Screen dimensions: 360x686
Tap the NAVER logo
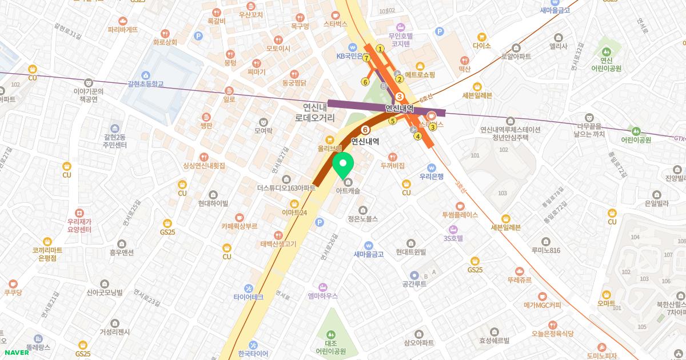coord(17,352)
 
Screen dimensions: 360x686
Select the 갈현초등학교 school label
coord(146,83)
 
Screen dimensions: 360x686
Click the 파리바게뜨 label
coord(123,29)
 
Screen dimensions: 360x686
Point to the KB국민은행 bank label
coord(354,56)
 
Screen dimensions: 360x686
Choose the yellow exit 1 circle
coord(380,49)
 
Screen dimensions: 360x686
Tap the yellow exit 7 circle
coord(366,58)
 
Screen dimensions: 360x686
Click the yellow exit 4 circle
coord(418,136)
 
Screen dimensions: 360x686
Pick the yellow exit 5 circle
coord(392,121)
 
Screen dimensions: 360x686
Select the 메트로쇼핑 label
coord(420,74)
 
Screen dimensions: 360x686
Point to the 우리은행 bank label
coord(432,176)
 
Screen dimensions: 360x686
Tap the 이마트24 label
coord(294,212)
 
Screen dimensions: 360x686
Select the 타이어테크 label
coord(248,297)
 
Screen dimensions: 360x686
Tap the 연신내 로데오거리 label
coord(315,112)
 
